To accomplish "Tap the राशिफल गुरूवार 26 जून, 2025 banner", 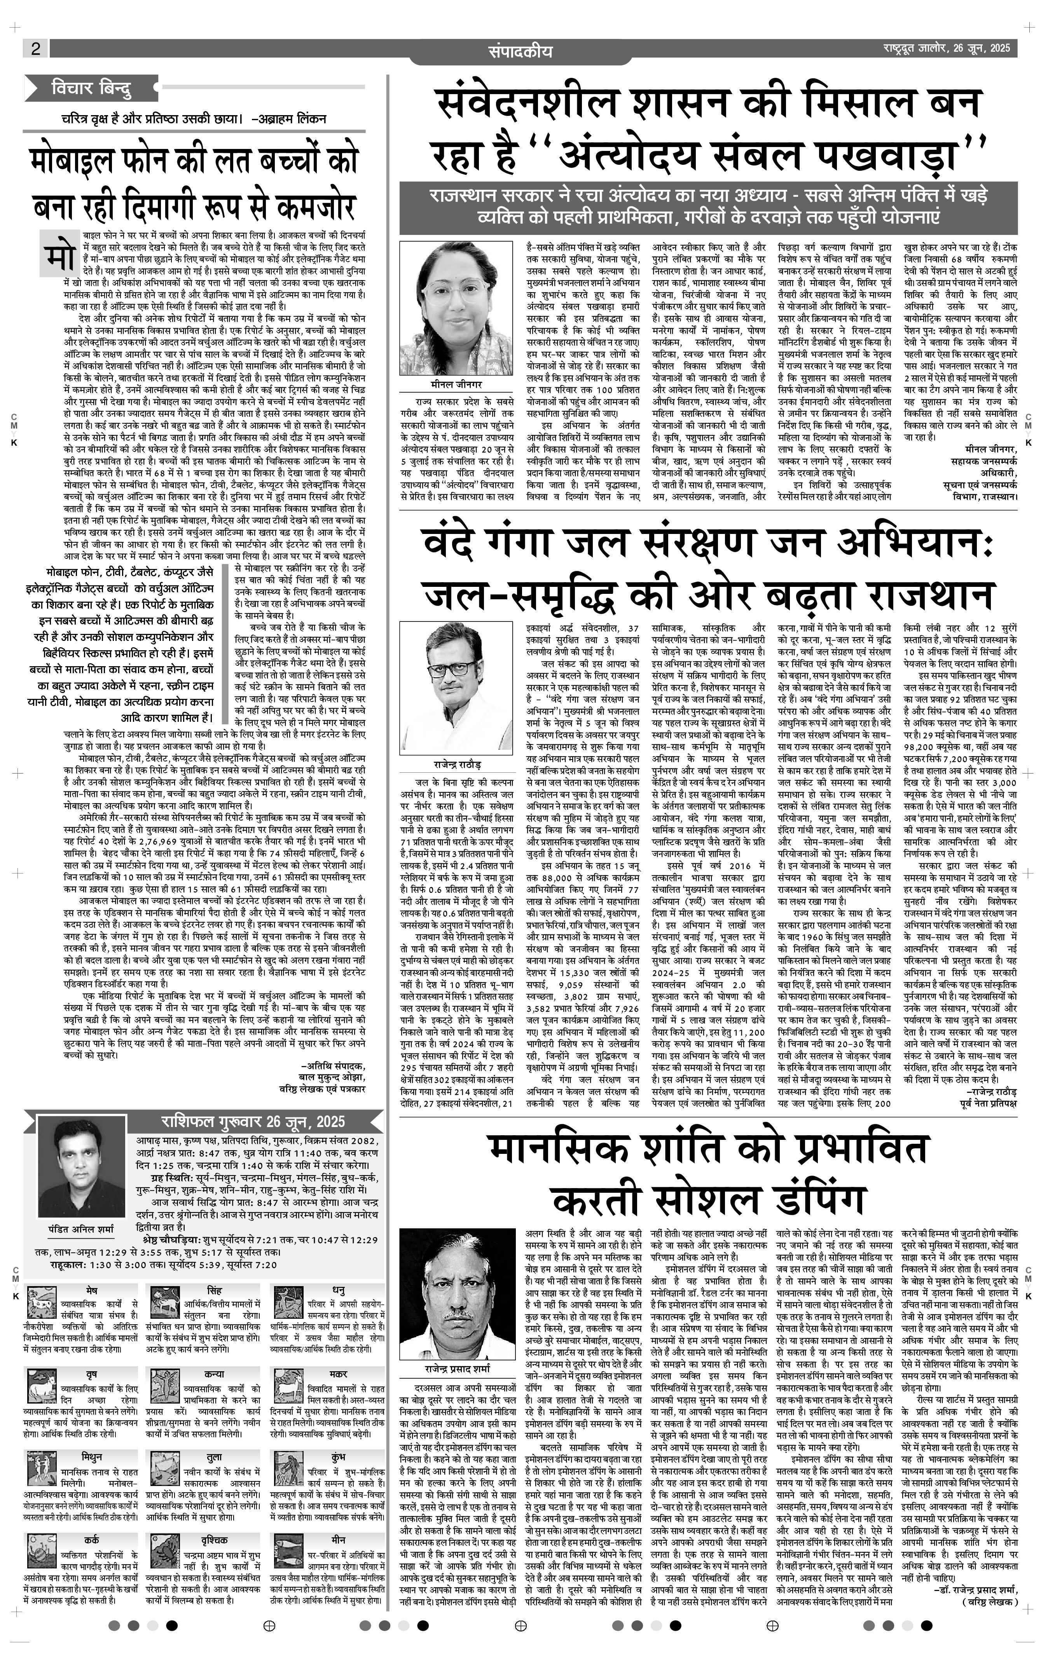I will pyautogui.click(x=253, y=1122).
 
